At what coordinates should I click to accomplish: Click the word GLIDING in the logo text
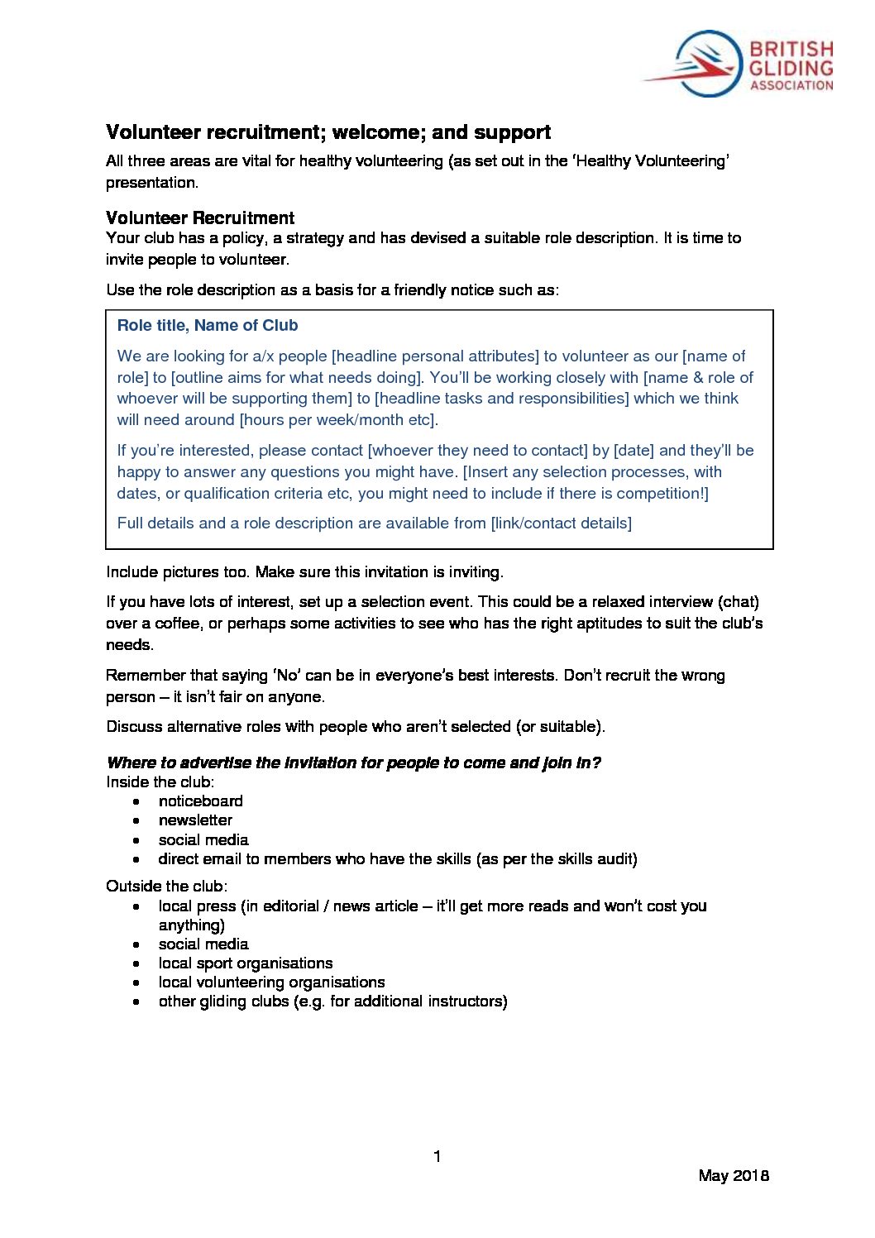click(x=791, y=68)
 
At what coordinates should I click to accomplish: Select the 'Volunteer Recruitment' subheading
click(x=200, y=218)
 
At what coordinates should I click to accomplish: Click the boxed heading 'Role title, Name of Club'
click(x=208, y=326)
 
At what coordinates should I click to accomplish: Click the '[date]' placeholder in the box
click(x=634, y=451)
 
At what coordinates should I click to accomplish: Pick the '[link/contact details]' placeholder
click(x=562, y=523)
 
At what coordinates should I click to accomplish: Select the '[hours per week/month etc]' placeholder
click(x=337, y=420)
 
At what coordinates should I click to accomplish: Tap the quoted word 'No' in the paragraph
click(x=287, y=676)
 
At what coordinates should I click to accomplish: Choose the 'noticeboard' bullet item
click(x=201, y=801)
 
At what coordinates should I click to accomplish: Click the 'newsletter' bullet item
click(x=195, y=820)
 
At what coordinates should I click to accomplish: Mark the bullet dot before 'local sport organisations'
click(x=136, y=963)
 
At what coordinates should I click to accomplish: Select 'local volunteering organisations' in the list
click(x=271, y=982)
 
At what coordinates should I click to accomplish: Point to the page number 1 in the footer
click(x=437, y=1156)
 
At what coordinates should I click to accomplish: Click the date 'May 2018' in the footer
click(x=734, y=1175)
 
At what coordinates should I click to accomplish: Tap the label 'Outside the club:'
click(x=166, y=887)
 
